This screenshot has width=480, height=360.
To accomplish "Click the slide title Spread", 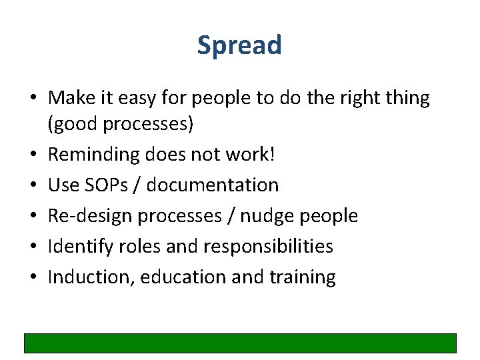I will pos(239,45).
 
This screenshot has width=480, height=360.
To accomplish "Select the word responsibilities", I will pos(268,246).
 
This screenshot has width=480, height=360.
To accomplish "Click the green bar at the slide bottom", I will pos(240,343).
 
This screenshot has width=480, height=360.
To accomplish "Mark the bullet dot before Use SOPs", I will pos(33,185).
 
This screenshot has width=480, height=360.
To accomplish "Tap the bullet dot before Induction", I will pos(33,277).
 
